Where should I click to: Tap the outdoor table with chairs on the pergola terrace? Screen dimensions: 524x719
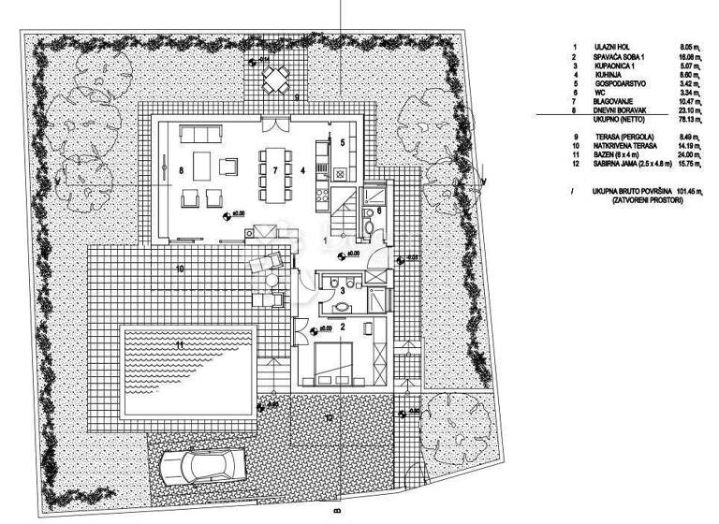click(274, 84)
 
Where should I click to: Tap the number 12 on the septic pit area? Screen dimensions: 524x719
click(329, 416)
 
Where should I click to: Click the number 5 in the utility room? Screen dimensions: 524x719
click(343, 142)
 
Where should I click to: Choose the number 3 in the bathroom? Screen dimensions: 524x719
click(342, 292)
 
